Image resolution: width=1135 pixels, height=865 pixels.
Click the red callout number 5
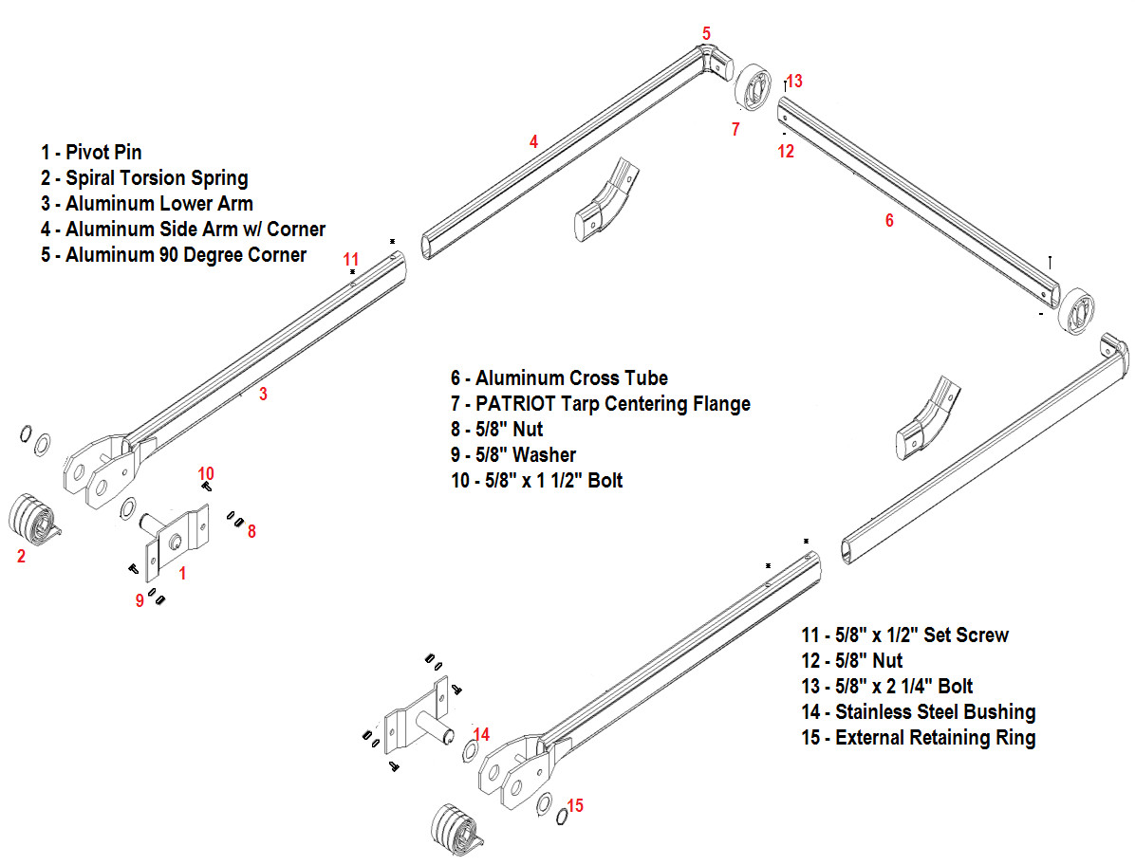(x=706, y=34)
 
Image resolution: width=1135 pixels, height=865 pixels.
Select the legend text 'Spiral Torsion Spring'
(x=144, y=178)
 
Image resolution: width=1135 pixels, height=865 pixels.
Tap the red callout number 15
(x=575, y=805)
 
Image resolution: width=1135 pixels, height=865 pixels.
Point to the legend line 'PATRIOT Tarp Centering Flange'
(x=601, y=404)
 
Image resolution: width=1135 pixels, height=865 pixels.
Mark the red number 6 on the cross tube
(x=889, y=220)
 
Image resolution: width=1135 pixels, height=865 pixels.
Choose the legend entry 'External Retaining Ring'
(x=918, y=738)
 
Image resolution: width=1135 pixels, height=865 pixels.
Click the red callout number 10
(x=206, y=473)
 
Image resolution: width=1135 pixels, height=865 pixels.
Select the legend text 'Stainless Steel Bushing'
(x=918, y=712)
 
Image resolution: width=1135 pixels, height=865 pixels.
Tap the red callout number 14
(x=481, y=734)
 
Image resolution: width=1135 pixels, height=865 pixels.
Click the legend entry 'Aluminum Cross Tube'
(x=560, y=378)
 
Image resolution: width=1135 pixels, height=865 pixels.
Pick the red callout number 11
(x=351, y=259)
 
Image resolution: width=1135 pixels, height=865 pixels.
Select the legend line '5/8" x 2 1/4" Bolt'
(x=886, y=687)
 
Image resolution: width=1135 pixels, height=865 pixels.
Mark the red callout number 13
(x=794, y=82)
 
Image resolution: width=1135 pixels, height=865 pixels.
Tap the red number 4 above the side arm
(x=533, y=142)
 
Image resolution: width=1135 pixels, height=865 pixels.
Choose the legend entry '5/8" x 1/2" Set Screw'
(x=904, y=635)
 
